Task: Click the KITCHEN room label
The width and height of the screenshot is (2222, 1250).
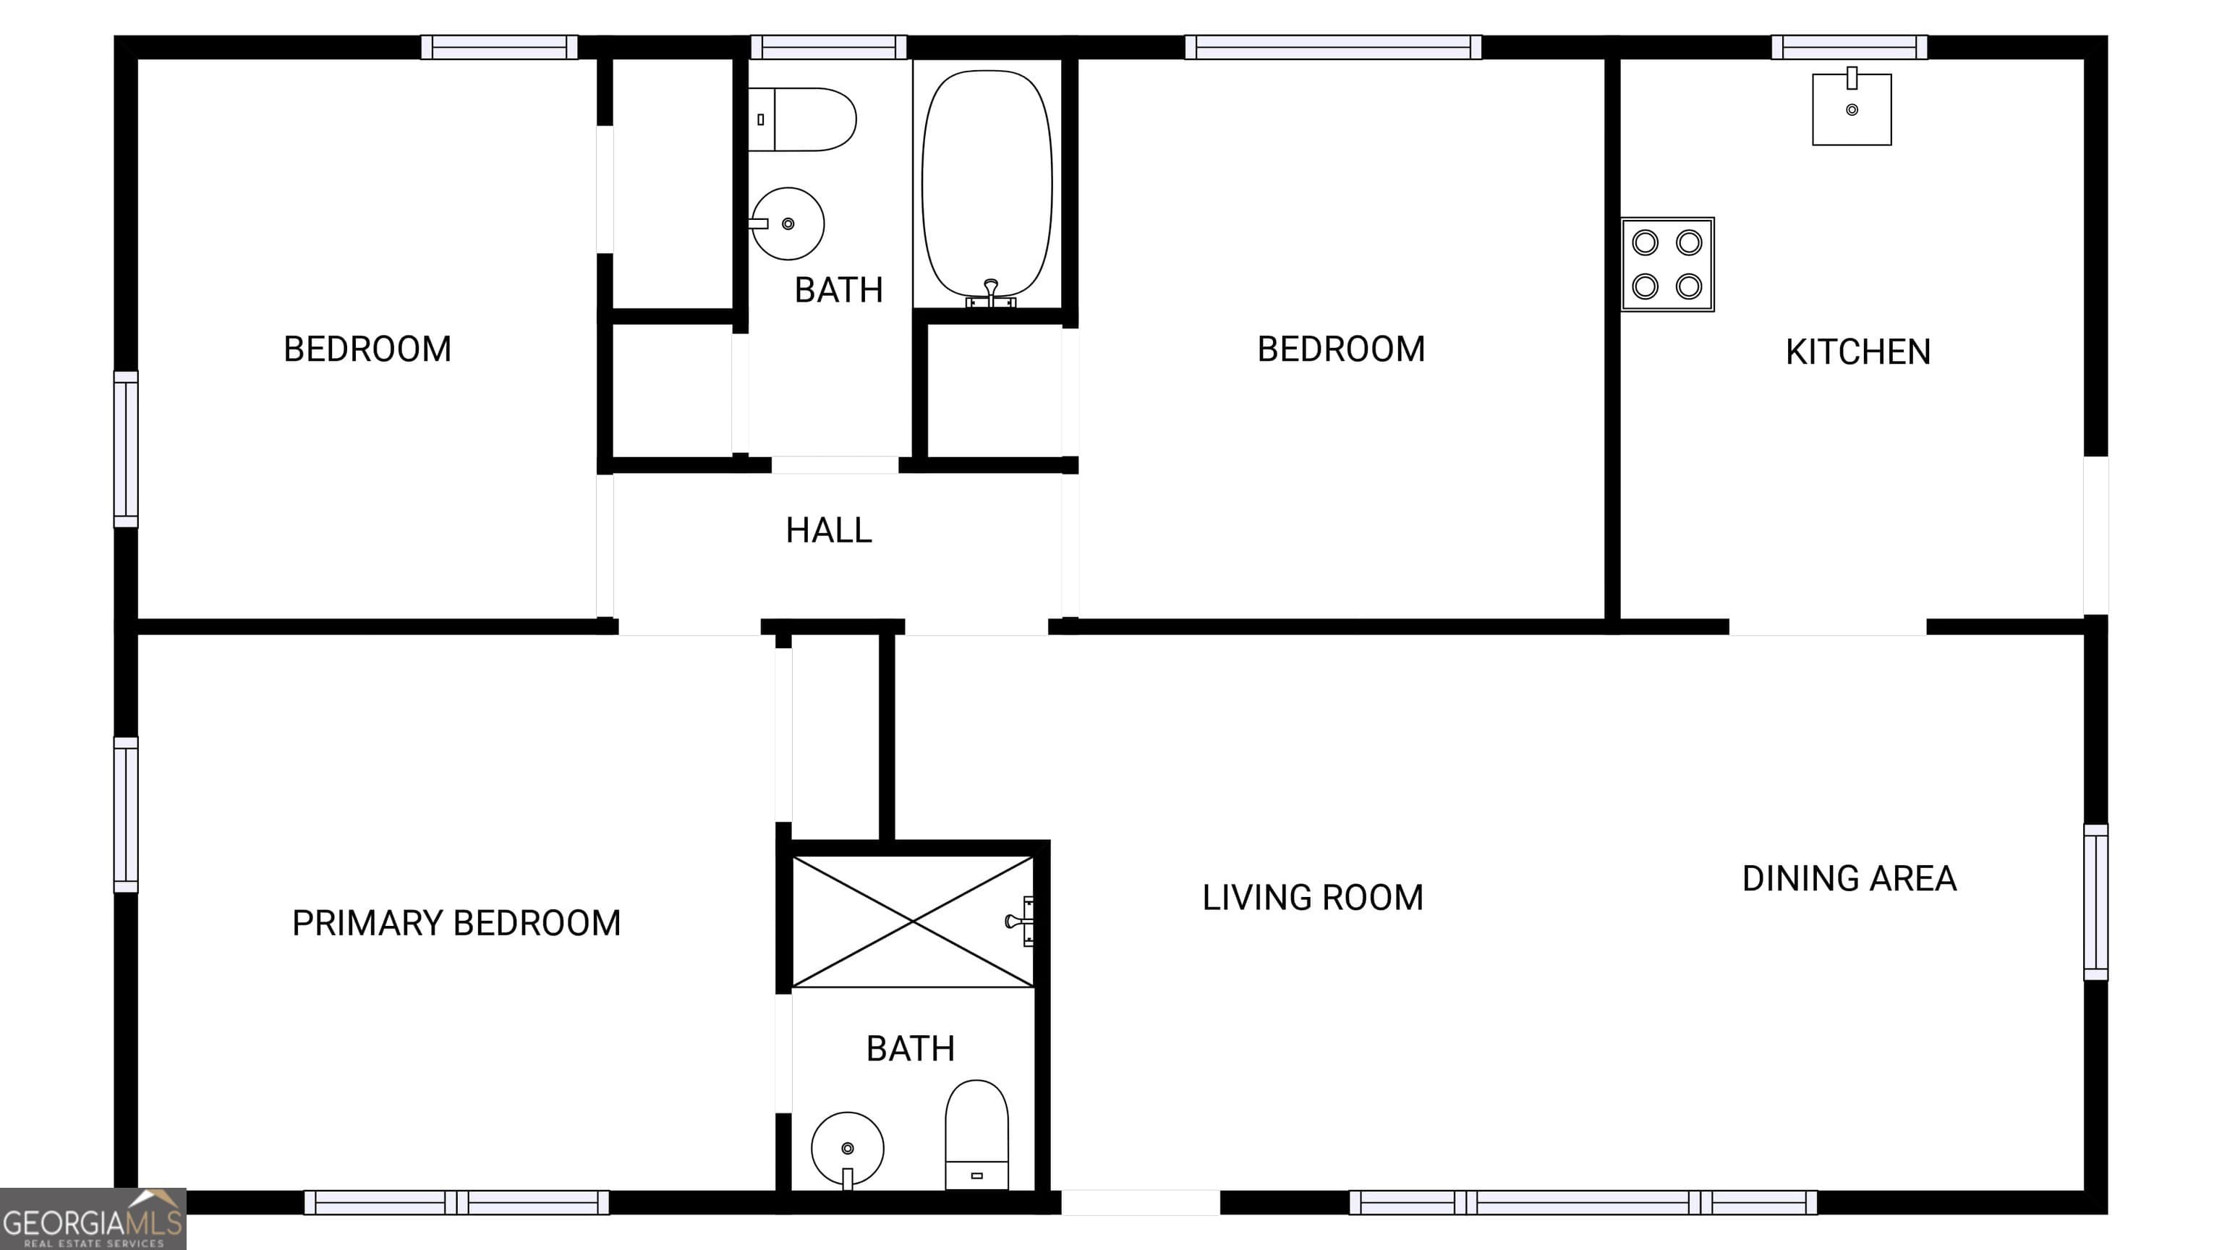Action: (x=1857, y=352)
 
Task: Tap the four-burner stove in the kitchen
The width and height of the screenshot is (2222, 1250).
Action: (x=1666, y=264)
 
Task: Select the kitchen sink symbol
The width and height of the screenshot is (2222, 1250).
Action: (x=1851, y=109)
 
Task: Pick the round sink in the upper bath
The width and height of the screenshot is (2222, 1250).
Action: (x=787, y=224)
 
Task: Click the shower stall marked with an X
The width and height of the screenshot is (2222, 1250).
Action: (x=913, y=922)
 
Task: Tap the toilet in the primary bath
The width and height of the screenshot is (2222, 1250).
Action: (x=976, y=1135)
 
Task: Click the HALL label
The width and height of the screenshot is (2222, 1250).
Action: (x=828, y=530)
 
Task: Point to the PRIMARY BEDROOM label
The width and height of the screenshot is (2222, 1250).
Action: (x=456, y=923)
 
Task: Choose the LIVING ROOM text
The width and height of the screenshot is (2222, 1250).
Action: (x=1312, y=898)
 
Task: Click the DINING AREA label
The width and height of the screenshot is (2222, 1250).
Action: (x=1849, y=879)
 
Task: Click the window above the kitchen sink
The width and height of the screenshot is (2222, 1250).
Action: (x=1849, y=48)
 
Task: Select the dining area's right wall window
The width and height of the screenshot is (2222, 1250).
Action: (x=2095, y=902)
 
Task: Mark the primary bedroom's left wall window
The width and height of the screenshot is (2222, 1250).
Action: (x=126, y=815)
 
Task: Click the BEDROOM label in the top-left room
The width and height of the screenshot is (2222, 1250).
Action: (x=367, y=349)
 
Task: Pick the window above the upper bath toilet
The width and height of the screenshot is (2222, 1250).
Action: (x=828, y=48)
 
